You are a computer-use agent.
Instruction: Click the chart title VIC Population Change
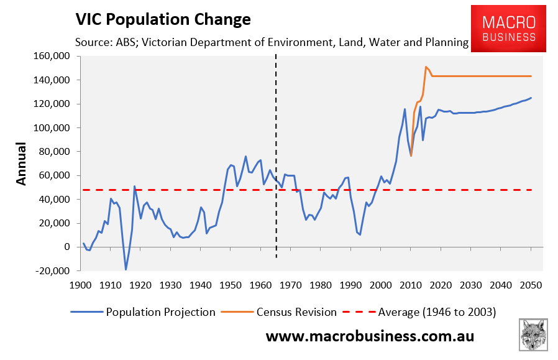[x=163, y=19]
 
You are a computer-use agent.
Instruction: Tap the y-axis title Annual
[x=21, y=164]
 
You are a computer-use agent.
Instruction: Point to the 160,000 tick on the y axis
[x=52, y=57]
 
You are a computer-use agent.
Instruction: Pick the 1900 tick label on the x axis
[x=80, y=285]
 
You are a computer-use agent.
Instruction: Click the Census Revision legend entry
[x=296, y=312]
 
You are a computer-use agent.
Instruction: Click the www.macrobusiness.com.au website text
[x=370, y=336]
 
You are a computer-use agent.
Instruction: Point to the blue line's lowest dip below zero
[x=126, y=269]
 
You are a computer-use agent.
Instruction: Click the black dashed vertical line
[x=276, y=155]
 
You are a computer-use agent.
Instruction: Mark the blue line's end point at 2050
[x=531, y=98]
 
